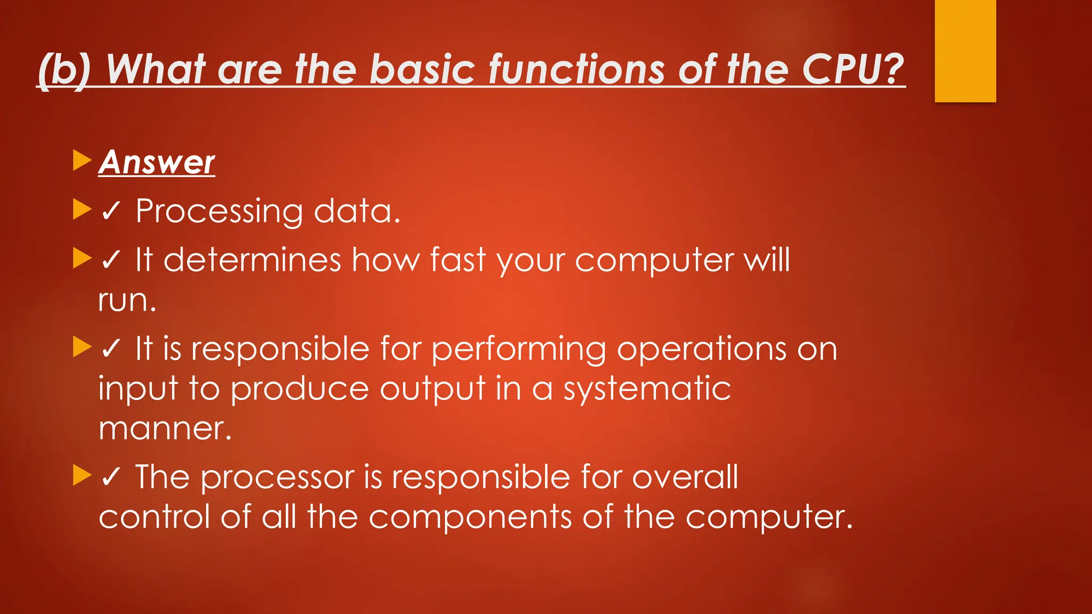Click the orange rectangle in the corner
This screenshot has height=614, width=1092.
965,51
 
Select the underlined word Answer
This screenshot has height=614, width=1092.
157,162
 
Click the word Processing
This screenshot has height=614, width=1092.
219,212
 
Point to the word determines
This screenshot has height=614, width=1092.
252,261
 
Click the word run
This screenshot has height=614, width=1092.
127,301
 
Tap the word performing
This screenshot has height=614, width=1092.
518,350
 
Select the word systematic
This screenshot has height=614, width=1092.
647,389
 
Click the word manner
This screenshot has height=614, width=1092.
165,429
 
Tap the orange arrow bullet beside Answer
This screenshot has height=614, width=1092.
82,160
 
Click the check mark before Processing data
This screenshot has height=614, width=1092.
110,212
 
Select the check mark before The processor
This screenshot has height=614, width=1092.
110,477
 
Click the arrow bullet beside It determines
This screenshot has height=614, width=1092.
82,258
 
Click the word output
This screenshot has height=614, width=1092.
432,389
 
